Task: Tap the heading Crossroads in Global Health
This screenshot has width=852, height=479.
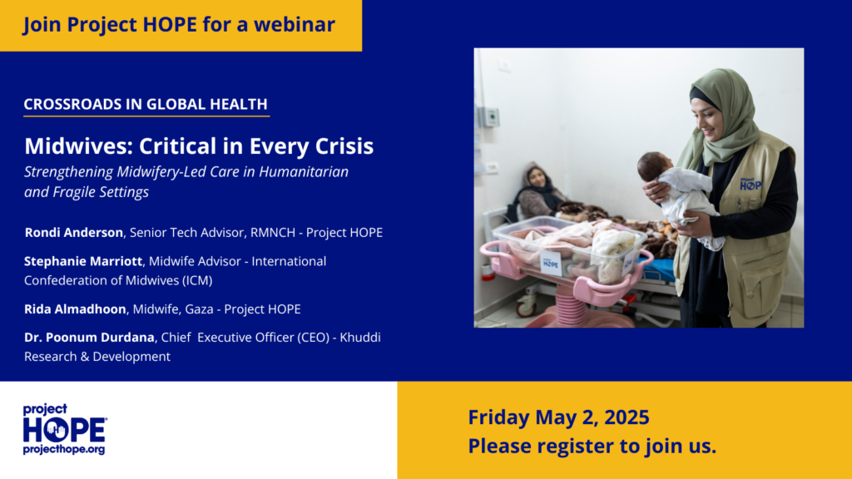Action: click(146, 104)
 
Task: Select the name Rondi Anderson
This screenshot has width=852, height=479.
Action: click(74, 233)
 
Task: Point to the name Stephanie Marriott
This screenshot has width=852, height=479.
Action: click(83, 261)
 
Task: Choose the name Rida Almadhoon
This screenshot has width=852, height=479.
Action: click(75, 309)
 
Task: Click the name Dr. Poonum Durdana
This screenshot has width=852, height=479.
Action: click(89, 338)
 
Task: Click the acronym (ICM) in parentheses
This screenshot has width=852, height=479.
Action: click(197, 281)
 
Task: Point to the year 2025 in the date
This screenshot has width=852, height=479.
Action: click(627, 417)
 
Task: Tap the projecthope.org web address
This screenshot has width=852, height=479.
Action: click(64, 450)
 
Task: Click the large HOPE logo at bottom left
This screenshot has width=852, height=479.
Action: click(65, 430)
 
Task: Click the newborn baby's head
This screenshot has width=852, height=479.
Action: click(654, 165)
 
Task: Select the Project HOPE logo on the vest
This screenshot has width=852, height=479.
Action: click(750, 184)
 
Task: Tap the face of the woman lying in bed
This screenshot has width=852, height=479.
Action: click(537, 177)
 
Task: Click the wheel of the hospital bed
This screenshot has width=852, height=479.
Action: click(526, 308)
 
